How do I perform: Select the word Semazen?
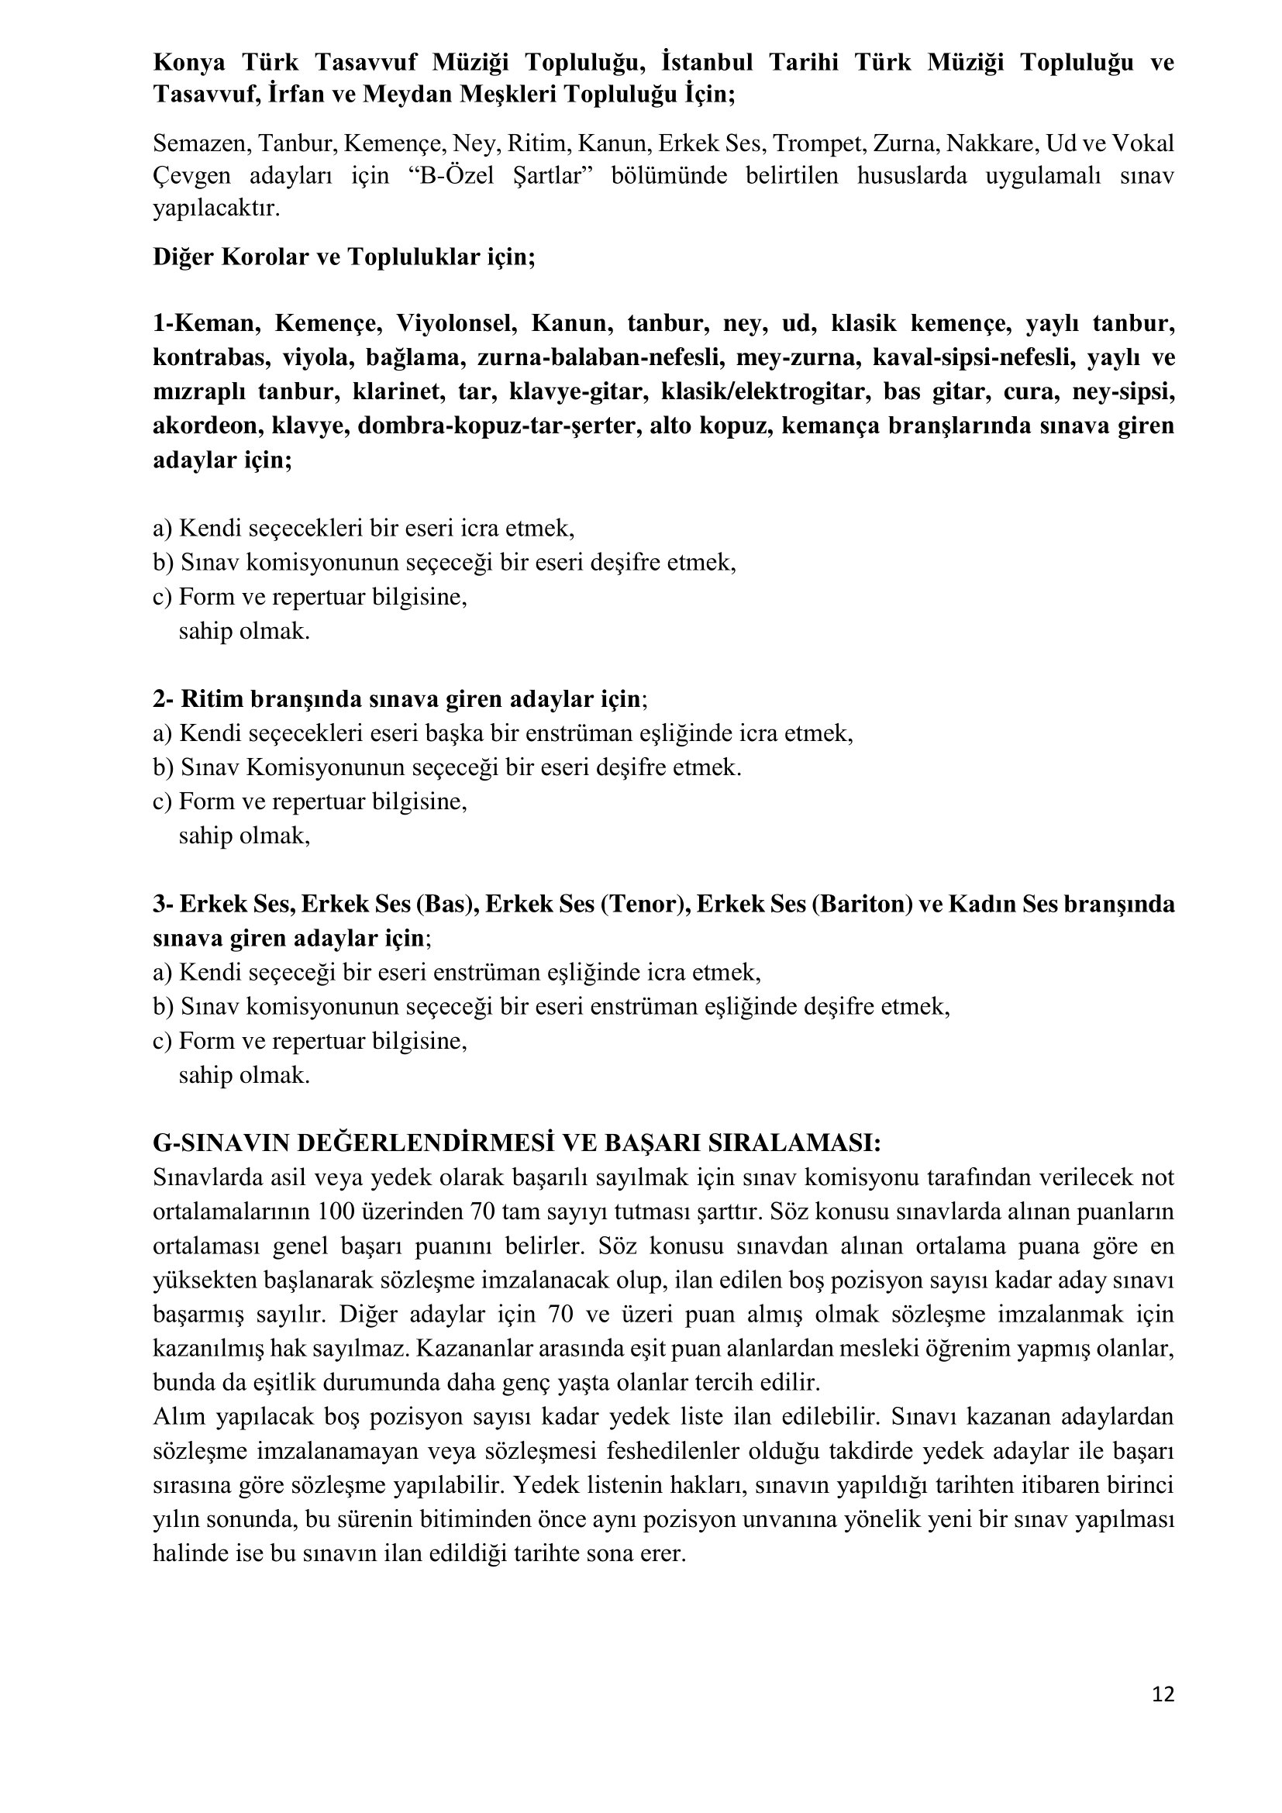coord(201,143)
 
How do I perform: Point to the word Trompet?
coord(805,143)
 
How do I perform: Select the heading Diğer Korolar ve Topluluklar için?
coord(344,257)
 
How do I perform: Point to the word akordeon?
coord(206,426)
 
